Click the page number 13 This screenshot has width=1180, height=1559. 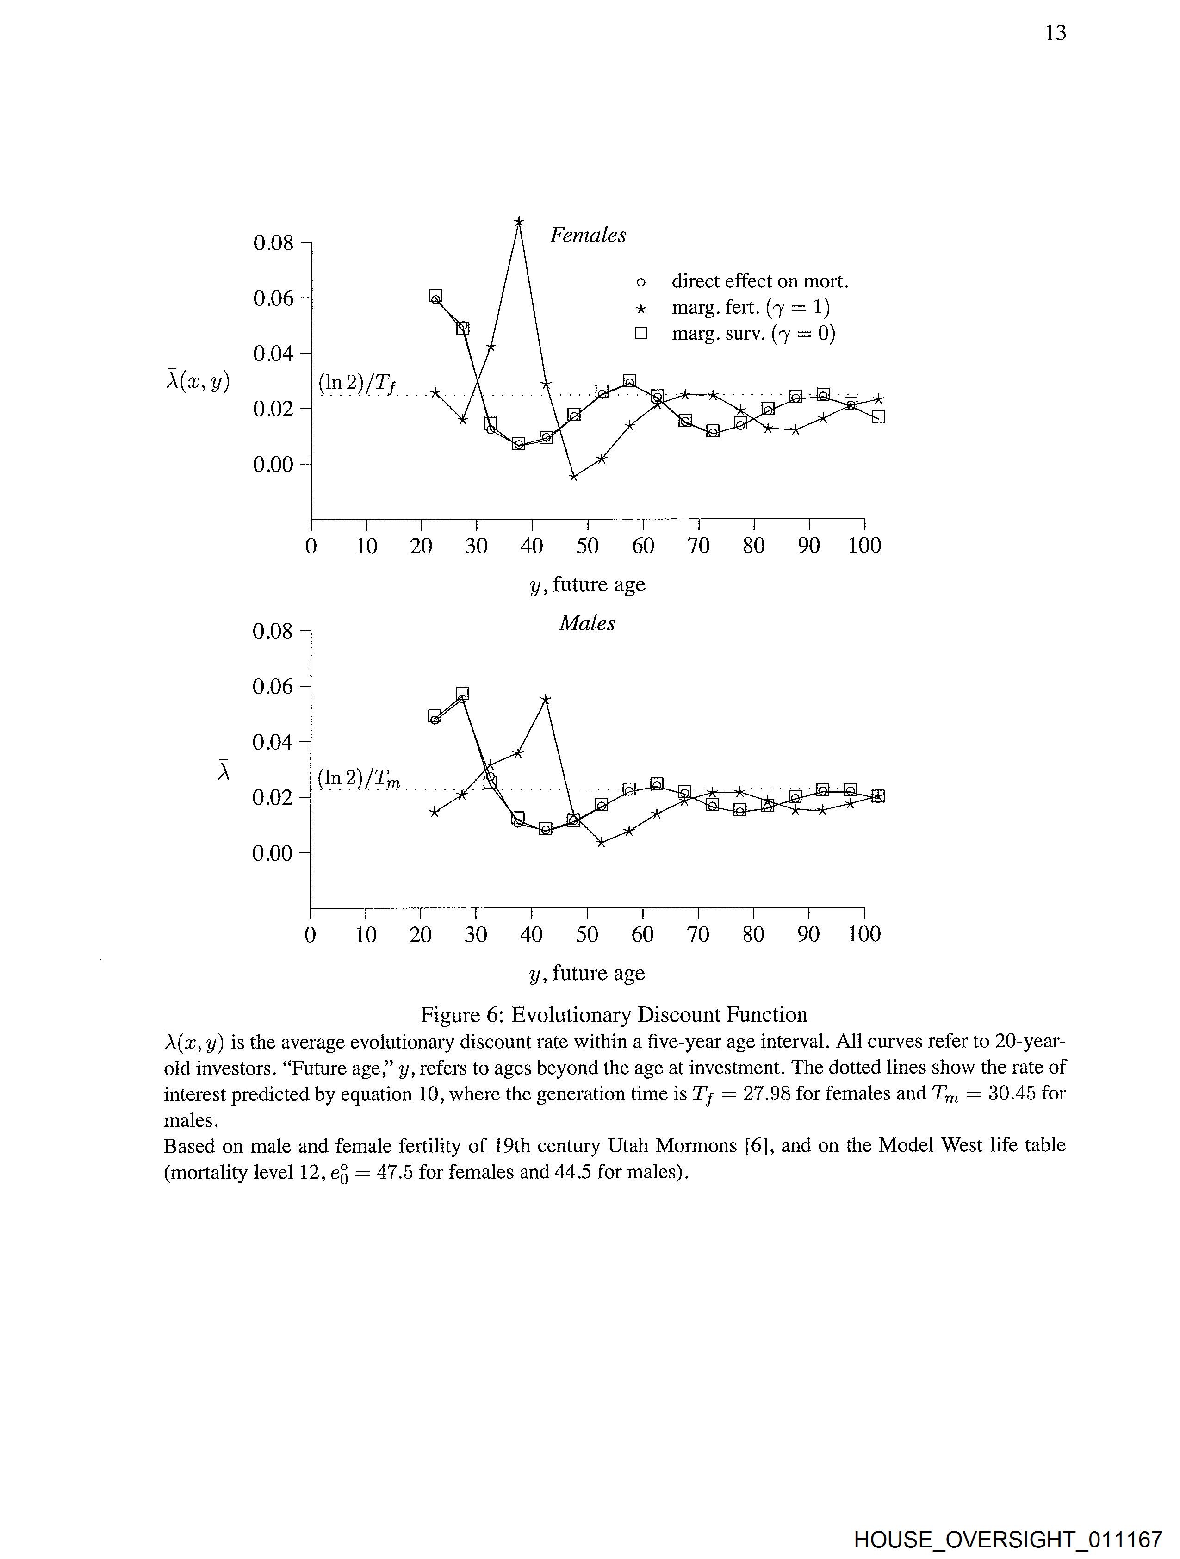pyautogui.click(x=1055, y=33)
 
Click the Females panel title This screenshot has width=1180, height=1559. pyautogui.click(x=587, y=236)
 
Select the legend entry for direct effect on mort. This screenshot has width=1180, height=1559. pyautogui.click(x=759, y=282)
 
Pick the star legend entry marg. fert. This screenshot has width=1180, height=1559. pyautogui.click(x=750, y=308)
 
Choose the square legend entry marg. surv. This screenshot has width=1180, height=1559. pyautogui.click(x=752, y=333)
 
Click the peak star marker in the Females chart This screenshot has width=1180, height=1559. pyautogui.click(x=519, y=223)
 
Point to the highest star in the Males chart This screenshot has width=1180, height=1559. pyautogui.click(x=546, y=699)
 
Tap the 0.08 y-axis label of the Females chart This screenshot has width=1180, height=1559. pyautogui.click(x=273, y=243)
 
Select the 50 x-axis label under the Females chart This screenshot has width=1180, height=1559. pyautogui.click(x=587, y=546)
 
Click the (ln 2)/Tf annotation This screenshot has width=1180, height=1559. pyautogui.click(x=357, y=384)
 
